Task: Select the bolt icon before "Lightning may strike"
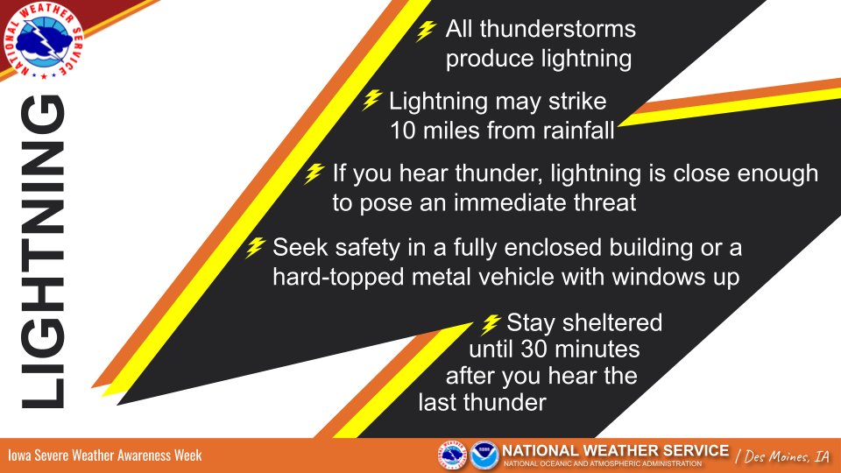pyautogui.click(x=372, y=100)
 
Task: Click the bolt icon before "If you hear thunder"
pyautogui.click(x=314, y=173)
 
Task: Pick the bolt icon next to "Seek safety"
pyautogui.click(x=255, y=248)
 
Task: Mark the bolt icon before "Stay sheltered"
pyautogui.click(x=491, y=322)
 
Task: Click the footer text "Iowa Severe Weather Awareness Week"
pyautogui.click(x=105, y=455)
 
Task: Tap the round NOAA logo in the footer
pyautogui.click(x=483, y=455)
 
